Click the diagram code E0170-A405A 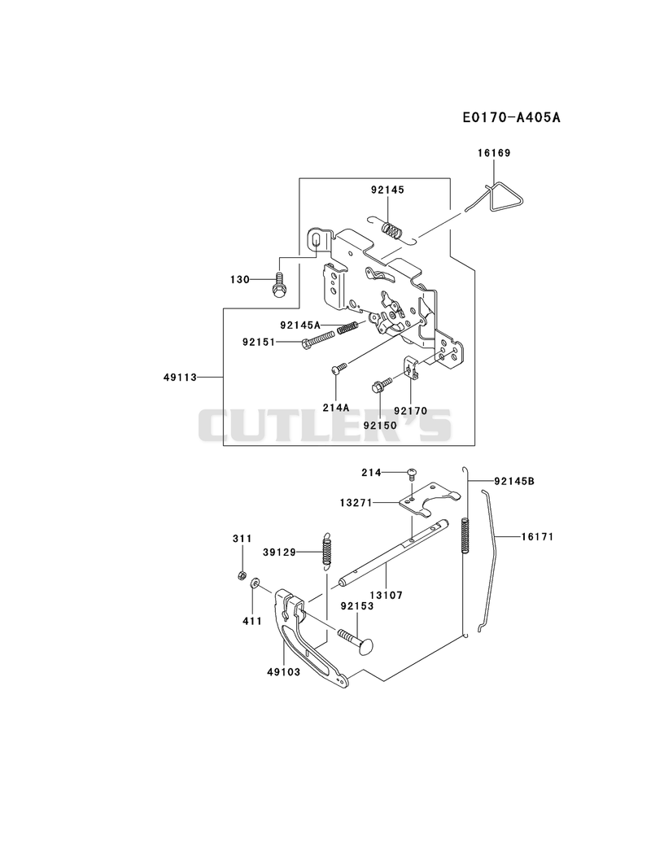pyautogui.click(x=511, y=117)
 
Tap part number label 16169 pyautogui.click(x=494, y=153)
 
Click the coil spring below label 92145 pyautogui.click(x=392, y=229)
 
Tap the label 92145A pyautogui.click(x=300, y=326)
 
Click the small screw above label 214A pyautogui.click(x=339, y=369)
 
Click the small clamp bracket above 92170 pyautogui.click(x=411, y=366)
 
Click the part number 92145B pyautogui.click(x=514, y=482)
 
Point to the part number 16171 pyautogui.click(x=537, y=537)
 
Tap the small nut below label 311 pyautogui.click(x=242, y=575)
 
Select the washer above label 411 pyautogui.click(x=254, y=584)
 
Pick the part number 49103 pyautogui.click(x=283, y=672)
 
